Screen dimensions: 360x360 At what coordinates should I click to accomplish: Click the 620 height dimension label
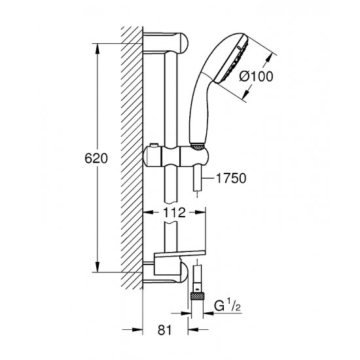(x=96, y=158)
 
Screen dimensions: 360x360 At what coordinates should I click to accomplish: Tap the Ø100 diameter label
(x=256, y=76)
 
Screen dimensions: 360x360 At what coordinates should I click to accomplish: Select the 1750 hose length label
(x=231, y=178)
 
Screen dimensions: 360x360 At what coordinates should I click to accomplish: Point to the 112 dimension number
(x=174, y=213)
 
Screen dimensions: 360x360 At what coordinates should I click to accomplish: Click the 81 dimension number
(x=164, y=330)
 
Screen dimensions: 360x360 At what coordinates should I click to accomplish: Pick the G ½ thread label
(x=227, y=306)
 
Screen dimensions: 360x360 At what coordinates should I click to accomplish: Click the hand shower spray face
(x=232, y=58)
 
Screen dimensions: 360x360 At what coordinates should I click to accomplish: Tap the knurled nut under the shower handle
(x=197, y=147)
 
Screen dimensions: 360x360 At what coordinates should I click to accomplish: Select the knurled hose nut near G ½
(x=197, y=296)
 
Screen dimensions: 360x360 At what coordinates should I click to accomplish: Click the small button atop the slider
(x=154, y=146)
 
